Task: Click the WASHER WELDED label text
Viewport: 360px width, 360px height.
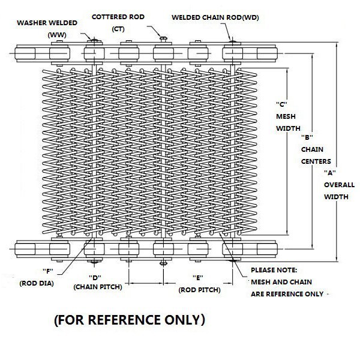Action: pos(47,23)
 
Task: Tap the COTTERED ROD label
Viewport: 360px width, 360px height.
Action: pos(118,17)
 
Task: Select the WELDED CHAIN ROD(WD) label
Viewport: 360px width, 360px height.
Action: pos(215,17)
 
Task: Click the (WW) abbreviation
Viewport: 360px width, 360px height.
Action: pos(57,35)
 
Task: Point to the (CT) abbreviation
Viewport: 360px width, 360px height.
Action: pos(118,29)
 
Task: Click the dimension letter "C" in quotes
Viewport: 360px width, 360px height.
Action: pos(281,104)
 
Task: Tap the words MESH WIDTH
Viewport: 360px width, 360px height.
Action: pos(288,122)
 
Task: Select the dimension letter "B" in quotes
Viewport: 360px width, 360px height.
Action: pos(307,137)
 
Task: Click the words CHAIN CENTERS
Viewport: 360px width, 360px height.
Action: pos(316,155)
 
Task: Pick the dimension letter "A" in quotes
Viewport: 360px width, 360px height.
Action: pos(330,173)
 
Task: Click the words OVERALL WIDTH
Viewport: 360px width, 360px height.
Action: pos(340,191)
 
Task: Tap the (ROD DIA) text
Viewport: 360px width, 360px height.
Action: pos(37,284)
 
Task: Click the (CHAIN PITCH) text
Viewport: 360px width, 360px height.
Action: pos(98,287)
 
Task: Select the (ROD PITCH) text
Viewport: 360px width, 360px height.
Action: pos(200,290)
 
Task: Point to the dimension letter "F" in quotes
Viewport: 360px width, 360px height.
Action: pos(48,271)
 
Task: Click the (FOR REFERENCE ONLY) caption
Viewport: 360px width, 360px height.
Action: pos(130,320)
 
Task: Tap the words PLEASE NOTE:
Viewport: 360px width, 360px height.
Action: pos(274,270)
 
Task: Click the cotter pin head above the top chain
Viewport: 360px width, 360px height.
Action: pos(163,38)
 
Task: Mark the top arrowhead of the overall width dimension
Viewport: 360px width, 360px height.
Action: pos(337,45)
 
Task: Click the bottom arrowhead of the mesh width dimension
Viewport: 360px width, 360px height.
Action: pos(287,232)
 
